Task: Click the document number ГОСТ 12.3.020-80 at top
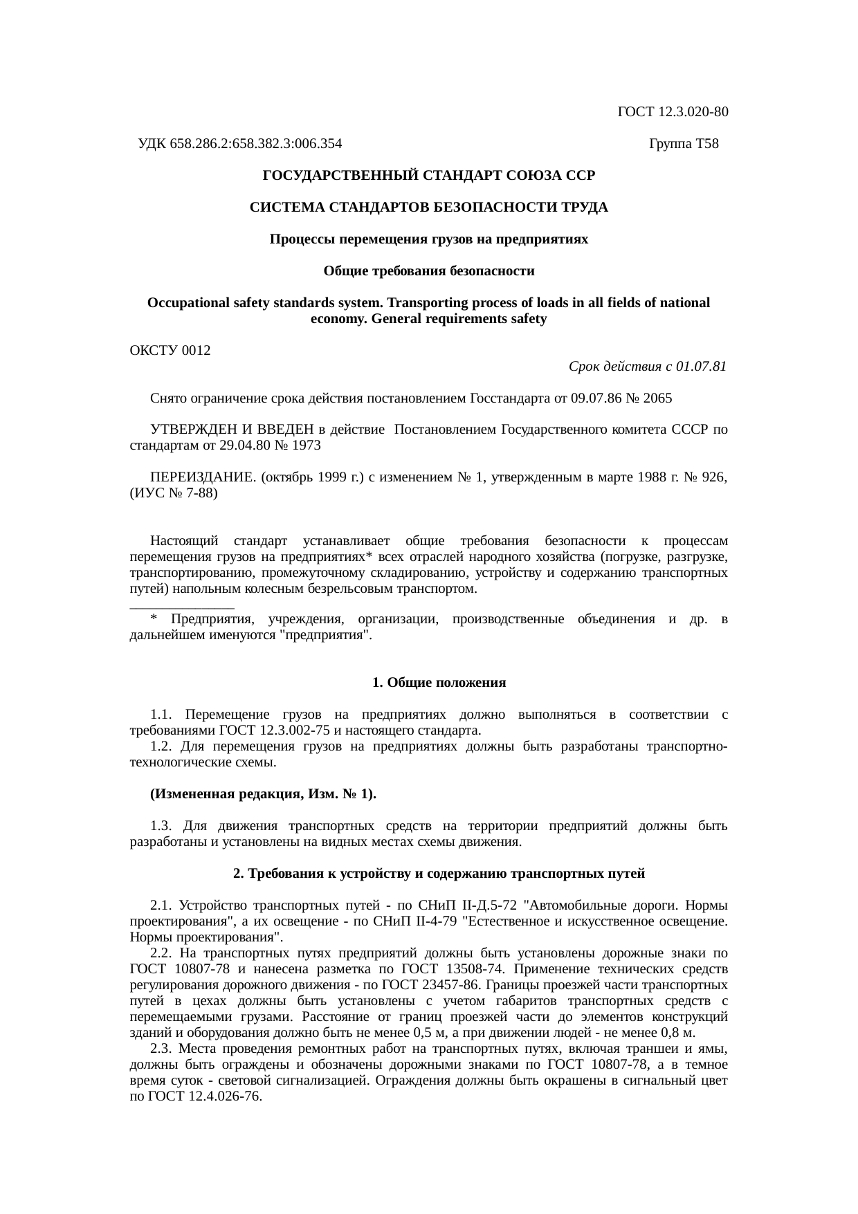click(672, 112)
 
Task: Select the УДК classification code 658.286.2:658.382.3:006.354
click(255, 144)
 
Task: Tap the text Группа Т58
click(684, 144)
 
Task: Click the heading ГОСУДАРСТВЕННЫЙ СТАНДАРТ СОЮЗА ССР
click(428, 176)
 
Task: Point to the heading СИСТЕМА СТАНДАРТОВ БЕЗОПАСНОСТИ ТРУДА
click(428, 208)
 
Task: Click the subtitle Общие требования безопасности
click(428, 271)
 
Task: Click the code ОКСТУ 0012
click(170, 351)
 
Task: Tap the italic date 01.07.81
click(702, 367)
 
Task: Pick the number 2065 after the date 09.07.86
click(657, 399)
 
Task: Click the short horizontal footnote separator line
click(181, 608)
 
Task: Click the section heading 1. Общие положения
click(439, 683)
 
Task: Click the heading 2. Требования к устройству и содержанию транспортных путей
click(439, 874)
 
